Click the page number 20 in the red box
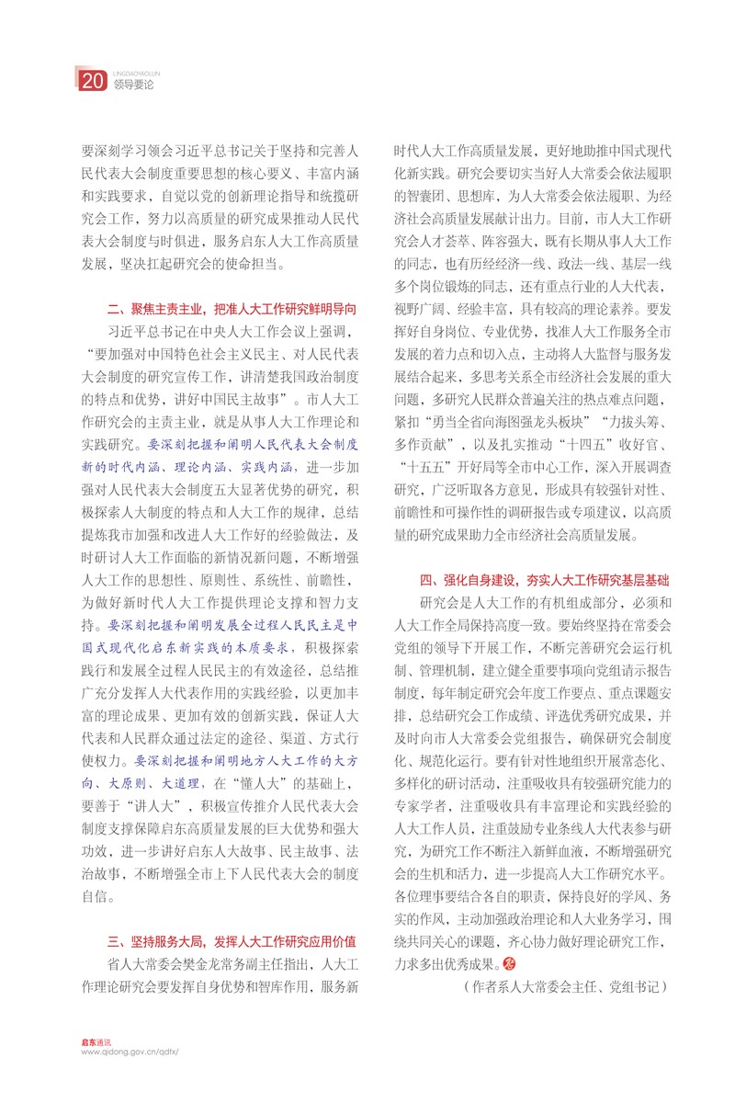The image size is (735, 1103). click(91, 81)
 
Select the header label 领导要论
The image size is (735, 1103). click(134, 85)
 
